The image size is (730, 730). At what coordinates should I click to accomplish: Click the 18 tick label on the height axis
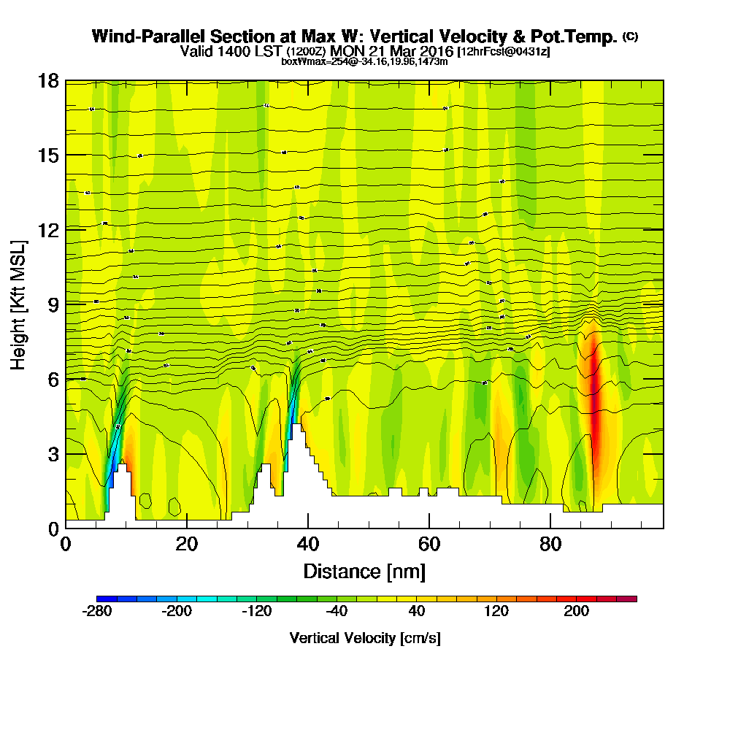coord(49,80)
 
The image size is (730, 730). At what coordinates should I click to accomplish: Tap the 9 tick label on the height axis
coord(53,304)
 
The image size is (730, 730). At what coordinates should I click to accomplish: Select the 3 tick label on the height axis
coord(53,453)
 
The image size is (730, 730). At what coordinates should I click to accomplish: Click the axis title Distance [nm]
coord(364,570)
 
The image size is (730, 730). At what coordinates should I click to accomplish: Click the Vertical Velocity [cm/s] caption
coord(365,638)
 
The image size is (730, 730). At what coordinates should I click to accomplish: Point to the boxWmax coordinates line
coord(364,61)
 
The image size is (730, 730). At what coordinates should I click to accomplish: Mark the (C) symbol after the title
coord(631,36)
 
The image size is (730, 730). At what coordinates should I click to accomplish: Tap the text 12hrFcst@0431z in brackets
coord(504,52)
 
